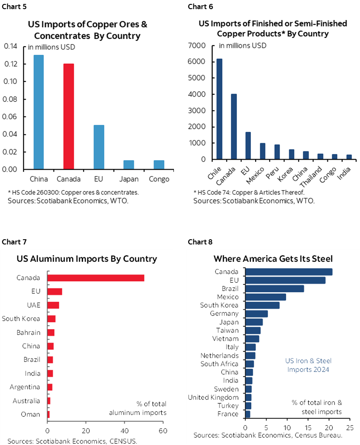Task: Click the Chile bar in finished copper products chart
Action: [219, 109]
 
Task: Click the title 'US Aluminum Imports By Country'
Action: [87, 259]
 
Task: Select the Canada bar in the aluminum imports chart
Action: [96, 278]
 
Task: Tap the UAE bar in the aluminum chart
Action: [53, 305]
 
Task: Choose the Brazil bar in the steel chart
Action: [275, 288]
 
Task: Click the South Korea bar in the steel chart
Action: [263, 305]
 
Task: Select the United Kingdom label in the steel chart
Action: [213, 397]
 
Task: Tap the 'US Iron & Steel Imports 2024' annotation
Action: [308, 365]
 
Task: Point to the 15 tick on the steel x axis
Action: [308, 423]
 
